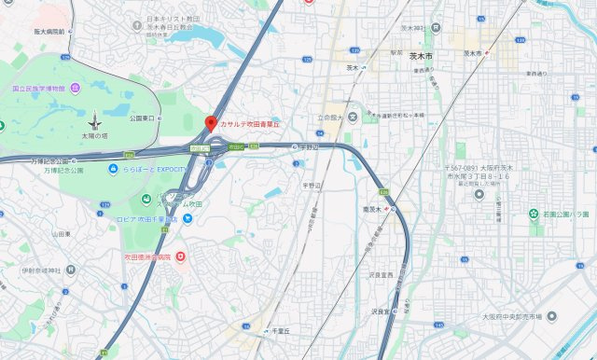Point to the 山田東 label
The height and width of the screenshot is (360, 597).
(62, 234)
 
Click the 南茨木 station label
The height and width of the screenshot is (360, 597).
(369, 209)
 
